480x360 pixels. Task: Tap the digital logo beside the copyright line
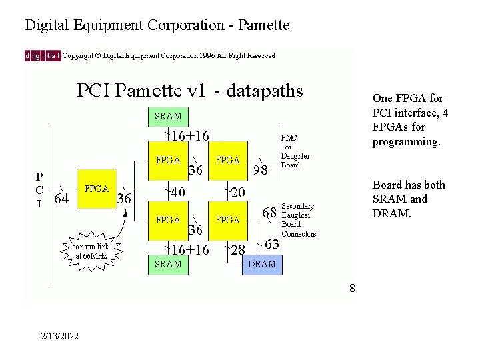[43, 56]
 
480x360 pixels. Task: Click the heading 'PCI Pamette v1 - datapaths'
[190, 89]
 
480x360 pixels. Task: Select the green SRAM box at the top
[168, 116]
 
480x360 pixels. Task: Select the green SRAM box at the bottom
[168, 264]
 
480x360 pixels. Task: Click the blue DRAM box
[261, 264]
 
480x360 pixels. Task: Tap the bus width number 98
[260, 171]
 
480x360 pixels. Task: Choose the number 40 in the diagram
[177, 193]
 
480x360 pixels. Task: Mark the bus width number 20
[238, 193]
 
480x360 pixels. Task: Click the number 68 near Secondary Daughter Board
[269, 213]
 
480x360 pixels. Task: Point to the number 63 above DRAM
[272, 244]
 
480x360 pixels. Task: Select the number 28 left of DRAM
[237, 250]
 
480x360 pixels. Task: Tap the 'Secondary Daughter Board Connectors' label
[299, 220]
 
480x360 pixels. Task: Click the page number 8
[352, 288]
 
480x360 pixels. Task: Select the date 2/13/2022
[59, 335]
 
